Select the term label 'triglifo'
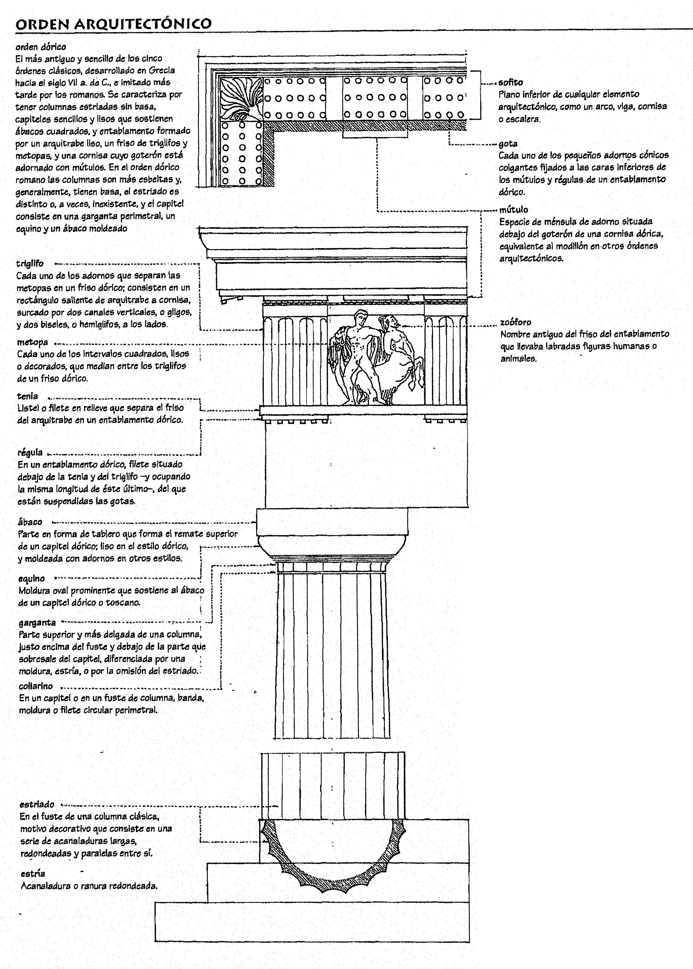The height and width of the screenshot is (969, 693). [30, 264]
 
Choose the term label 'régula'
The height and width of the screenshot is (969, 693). [30, 452]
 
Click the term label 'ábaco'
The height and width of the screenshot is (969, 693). [30, 522]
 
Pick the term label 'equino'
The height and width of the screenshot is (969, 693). [31, 578]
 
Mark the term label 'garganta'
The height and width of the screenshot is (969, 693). [37, 622]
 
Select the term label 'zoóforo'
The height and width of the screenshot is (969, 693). [516, 322]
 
